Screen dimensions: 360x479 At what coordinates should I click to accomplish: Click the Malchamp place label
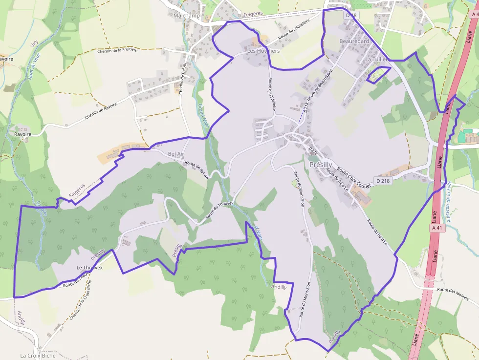[187, 16]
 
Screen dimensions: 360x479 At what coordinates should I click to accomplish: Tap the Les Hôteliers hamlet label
[263, 51]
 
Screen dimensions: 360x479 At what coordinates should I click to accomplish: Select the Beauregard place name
[354, 42]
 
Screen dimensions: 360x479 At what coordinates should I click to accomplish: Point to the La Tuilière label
[377, 60]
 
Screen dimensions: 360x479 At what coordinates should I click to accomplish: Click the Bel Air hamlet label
[176, 154]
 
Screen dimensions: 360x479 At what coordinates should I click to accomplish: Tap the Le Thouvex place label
[89, 268]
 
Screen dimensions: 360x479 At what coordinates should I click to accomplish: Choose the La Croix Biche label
[38, 356]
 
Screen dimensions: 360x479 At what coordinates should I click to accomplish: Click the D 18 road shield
[351, 16]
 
